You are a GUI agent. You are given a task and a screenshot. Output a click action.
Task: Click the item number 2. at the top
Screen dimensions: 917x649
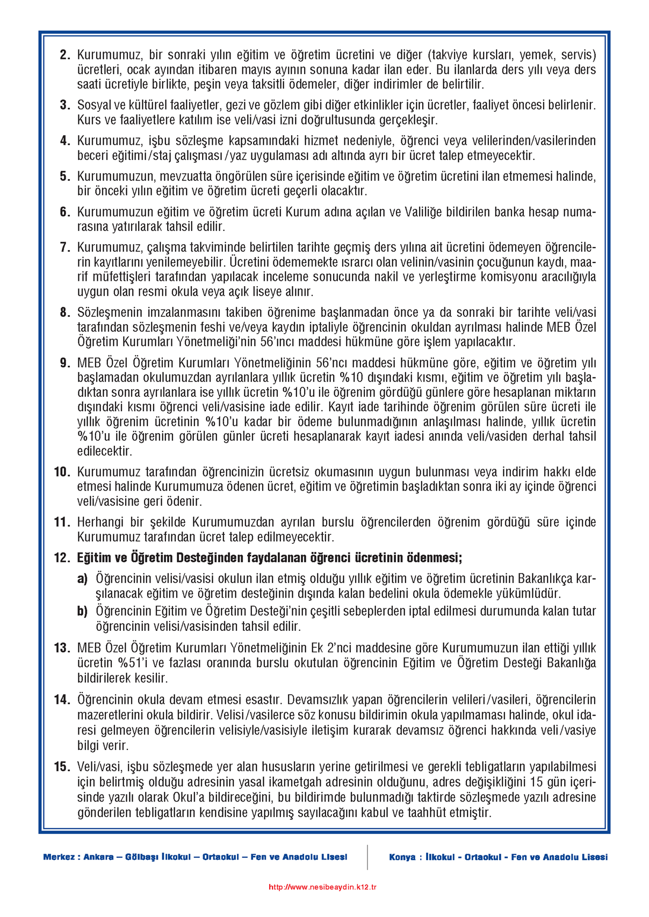point(64,55)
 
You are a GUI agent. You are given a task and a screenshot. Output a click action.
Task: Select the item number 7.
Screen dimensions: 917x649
point(64,248)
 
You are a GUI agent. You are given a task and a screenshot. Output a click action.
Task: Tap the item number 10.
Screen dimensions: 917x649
point(62,472)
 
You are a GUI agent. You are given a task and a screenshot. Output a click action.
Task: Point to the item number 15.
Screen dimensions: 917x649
point(62,767)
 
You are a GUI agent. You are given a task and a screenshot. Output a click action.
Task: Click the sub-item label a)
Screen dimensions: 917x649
point(82,579)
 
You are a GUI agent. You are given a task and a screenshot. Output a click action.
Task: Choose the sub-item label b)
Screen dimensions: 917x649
point(82,611)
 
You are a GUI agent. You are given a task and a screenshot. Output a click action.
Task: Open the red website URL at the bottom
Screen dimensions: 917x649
point(322,887)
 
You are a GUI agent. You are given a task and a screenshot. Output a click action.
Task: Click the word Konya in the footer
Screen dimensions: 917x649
point(401,857)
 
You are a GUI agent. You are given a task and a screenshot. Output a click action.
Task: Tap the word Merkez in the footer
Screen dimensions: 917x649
point(59,857)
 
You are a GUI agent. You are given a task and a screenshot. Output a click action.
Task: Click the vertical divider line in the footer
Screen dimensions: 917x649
point(367,857)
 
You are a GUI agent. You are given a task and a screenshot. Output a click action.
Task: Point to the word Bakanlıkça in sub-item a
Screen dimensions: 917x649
point(546,579)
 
